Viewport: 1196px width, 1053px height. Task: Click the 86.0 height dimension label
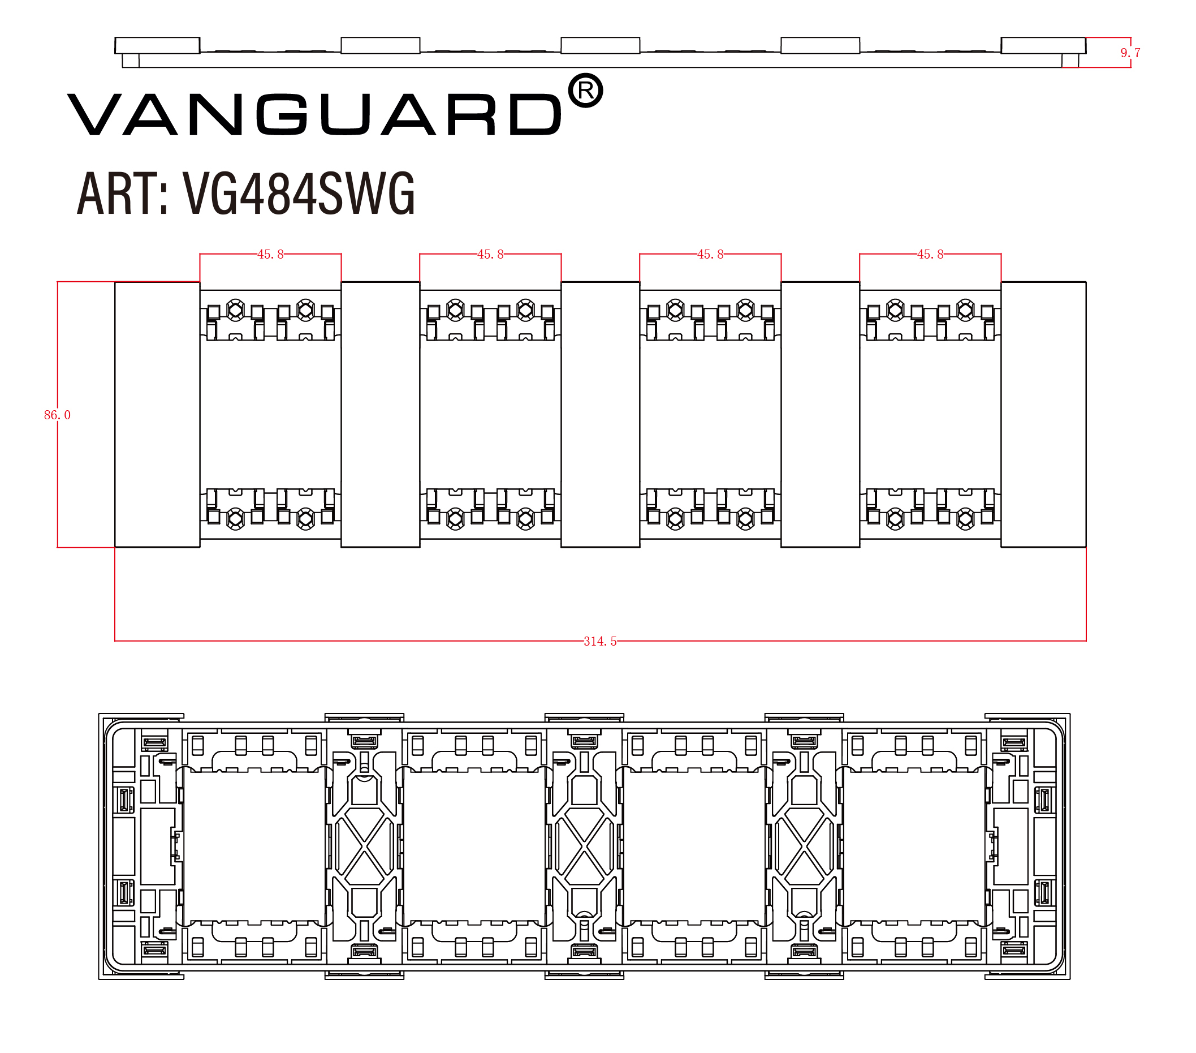click(x=57, y=415)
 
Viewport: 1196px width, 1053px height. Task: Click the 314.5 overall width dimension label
click(x=600, y=642)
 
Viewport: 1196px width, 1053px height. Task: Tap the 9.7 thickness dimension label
click(x=1130, y=53)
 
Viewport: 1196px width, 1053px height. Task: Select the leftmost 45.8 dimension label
click(x=270, y=254)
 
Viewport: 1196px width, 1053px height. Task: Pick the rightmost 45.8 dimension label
click(x=930, y=254)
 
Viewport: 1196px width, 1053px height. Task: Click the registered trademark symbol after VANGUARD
click(x=585, y=91)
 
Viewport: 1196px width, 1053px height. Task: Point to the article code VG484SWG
click(x=299, y=193)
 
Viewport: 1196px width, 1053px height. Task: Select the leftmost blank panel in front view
click(x=157, y=414)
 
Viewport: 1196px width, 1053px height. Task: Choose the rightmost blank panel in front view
click(x=1043, y=414)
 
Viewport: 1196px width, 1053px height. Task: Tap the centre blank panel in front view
click(x=601, y=414)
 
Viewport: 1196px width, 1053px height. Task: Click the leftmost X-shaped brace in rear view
click(x=364, y=846)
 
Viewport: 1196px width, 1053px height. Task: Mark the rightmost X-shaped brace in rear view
click(x=804, y=846)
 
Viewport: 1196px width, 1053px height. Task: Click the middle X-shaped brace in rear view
click(x=584, y=846)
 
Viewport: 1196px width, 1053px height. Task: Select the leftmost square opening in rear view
click(x=254, y=846)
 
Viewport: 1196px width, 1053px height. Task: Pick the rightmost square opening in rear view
click(x=914, y=846)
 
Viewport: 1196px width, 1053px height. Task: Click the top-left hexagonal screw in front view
click(x=235, y=310)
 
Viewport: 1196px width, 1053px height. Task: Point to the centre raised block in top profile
click(x=601, y=45)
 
